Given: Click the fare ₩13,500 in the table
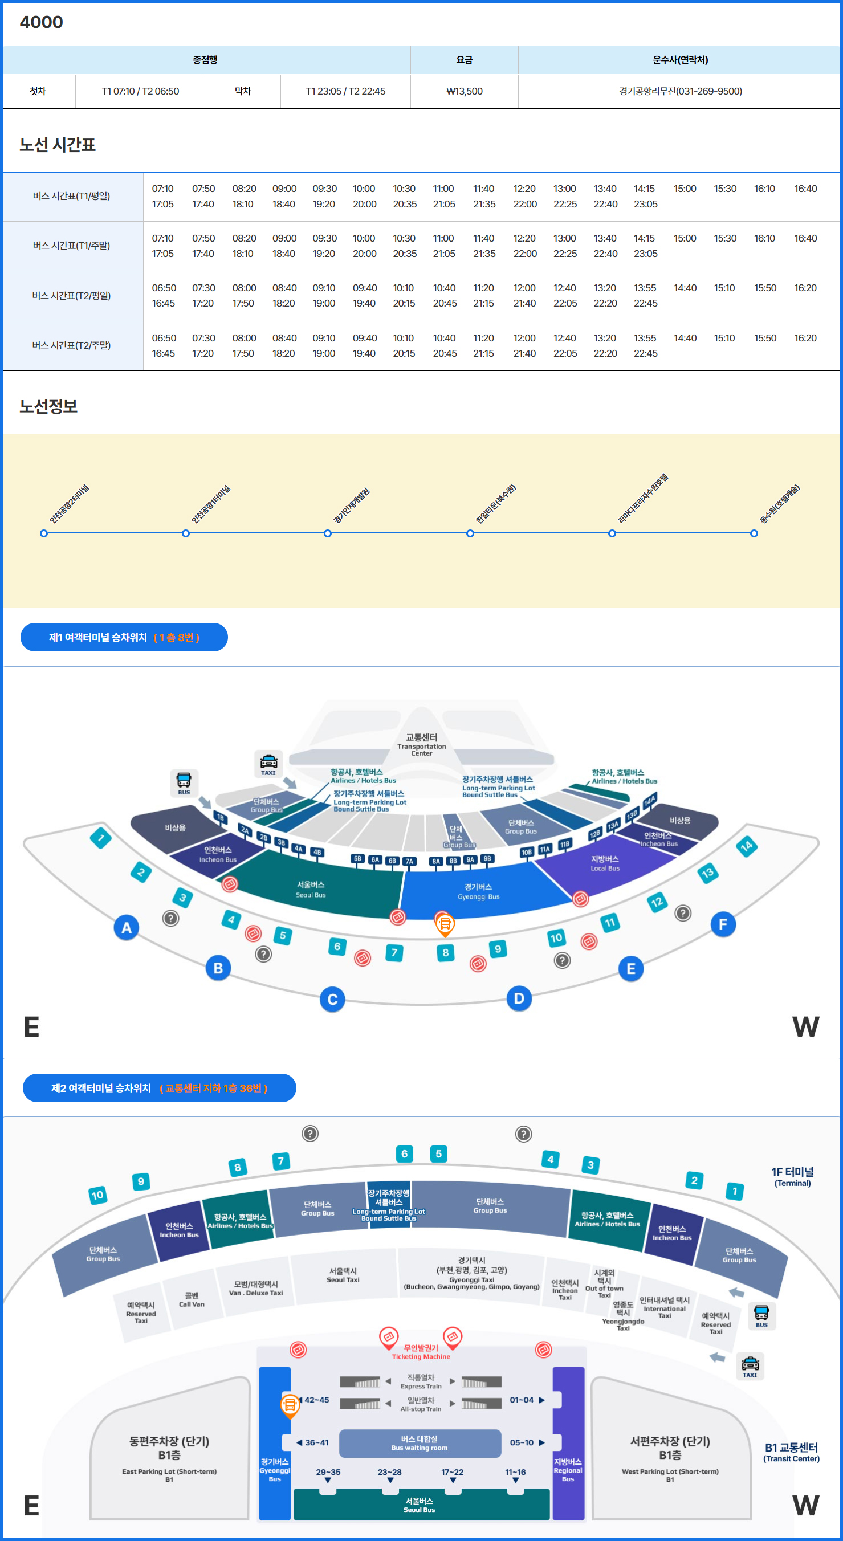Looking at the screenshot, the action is (x=465, y=92).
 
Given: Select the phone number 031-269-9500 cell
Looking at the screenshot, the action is (x=680, y=92).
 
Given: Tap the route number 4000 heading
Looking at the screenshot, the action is (x=41, y=22).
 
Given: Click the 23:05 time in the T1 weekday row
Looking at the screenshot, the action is (x=646, y=204).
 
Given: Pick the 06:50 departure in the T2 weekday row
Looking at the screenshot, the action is (x=164, y=288).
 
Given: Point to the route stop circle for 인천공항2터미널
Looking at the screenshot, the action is (x=44, y=533).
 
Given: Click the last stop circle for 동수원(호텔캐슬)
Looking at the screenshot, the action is (x=754, y=533).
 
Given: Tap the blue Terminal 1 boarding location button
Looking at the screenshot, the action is (x=124, y=637).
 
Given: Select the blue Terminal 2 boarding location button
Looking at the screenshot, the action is (x=159, y=1088).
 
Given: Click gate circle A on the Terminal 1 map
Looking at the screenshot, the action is (x=126, y=927).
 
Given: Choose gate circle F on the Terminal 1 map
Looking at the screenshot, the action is (x=723, y=924).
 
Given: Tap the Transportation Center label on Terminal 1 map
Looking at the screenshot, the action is (x=421, y=745).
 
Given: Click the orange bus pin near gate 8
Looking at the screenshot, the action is (x=445, y=924).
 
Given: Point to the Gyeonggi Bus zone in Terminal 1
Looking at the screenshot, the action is (x=478, y=891).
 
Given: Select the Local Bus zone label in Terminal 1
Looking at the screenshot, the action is (x=605, y=863).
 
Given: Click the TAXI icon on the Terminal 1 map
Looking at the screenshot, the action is (x=268, y=764).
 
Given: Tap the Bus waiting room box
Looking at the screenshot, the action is (x=420, y=1443).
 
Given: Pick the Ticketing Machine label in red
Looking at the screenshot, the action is (x=421, y=1352).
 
